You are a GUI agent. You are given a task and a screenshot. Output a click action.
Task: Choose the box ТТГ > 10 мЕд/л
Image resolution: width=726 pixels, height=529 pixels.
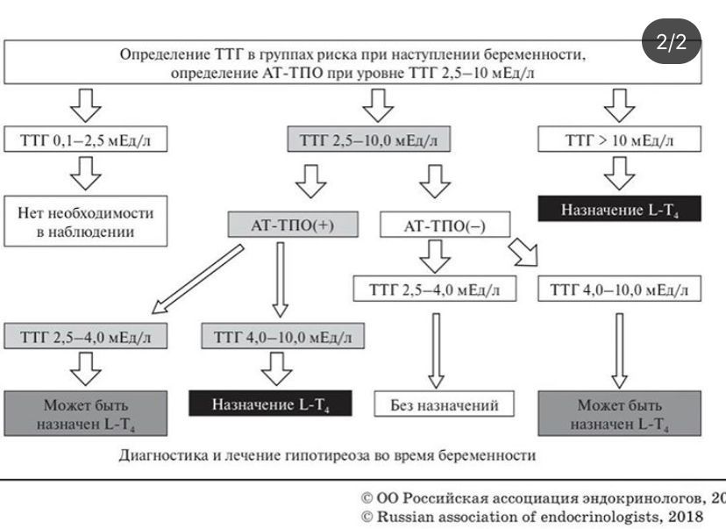click(x=620, y=139)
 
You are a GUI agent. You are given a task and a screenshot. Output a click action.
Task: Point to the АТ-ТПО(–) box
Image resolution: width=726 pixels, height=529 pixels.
click(x=445, y=225)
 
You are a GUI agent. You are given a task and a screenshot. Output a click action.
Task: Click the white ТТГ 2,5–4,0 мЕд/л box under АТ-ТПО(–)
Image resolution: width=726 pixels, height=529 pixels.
click(x=434, y=290)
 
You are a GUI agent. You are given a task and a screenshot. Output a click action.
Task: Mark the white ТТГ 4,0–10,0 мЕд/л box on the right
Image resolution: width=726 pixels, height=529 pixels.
click(x=620, y=290)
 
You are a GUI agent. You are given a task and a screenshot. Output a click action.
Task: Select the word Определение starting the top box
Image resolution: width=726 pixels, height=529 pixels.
click(x=159, y=54)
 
